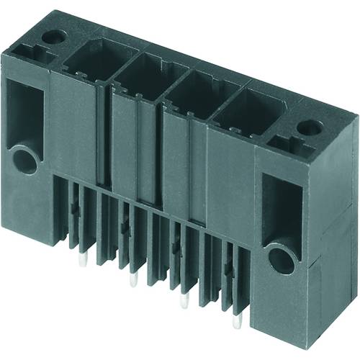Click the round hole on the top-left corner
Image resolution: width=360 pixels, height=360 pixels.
click(x=50, y=35)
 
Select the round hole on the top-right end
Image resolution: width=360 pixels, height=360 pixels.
click(x=310, y=128)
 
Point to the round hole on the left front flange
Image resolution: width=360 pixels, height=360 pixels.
click(x=24, y=160)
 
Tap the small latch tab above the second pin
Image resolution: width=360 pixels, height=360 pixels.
click(x=127, y=228)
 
